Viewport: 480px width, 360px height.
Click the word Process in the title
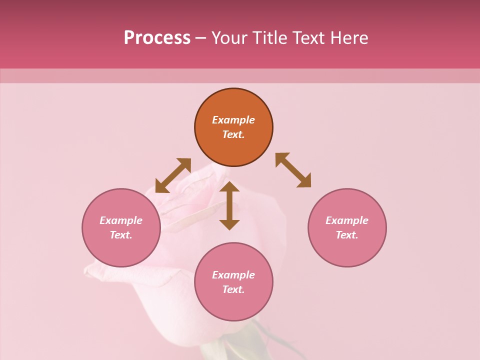coord(157,38)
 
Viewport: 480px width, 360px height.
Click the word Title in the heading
coord(269,38)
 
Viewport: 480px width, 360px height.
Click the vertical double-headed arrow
coord(229,205)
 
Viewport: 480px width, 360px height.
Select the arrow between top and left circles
coord(173,175)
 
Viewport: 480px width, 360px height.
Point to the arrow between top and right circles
coord(293,170)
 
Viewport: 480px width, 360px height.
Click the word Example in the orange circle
coord(233,120)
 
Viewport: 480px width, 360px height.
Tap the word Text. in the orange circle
coord(233,134)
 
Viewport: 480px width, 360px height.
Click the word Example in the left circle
coord(121,220)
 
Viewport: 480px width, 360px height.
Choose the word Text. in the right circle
coord(347,235)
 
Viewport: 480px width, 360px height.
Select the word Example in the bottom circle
coord(233,275)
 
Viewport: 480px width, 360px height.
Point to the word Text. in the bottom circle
coord(233,289)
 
